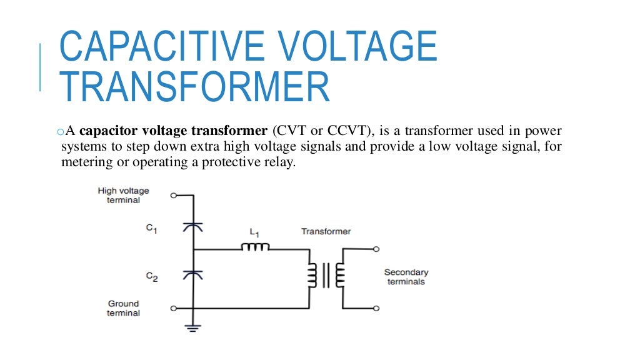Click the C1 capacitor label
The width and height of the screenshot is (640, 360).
pos(152,229)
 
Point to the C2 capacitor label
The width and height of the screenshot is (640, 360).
pos(152,277)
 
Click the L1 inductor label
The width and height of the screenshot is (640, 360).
pos(255,232)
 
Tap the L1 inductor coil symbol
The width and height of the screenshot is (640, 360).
pos(255,247)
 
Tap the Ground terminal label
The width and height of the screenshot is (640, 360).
pos(124,308)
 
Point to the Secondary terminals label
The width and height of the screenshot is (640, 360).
pos(406,277)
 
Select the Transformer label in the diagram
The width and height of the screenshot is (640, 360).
pos(326,231)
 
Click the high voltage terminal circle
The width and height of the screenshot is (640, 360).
pos(173,195)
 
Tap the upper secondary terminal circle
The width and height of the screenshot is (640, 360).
pos(376,249)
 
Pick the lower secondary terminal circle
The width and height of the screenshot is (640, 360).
pos(376,308)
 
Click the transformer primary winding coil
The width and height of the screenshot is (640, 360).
pos(311,275)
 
